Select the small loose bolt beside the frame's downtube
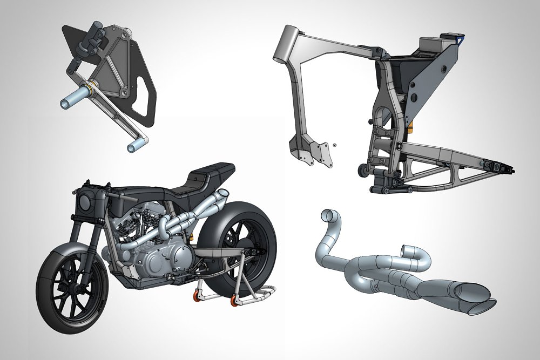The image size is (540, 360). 335,145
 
